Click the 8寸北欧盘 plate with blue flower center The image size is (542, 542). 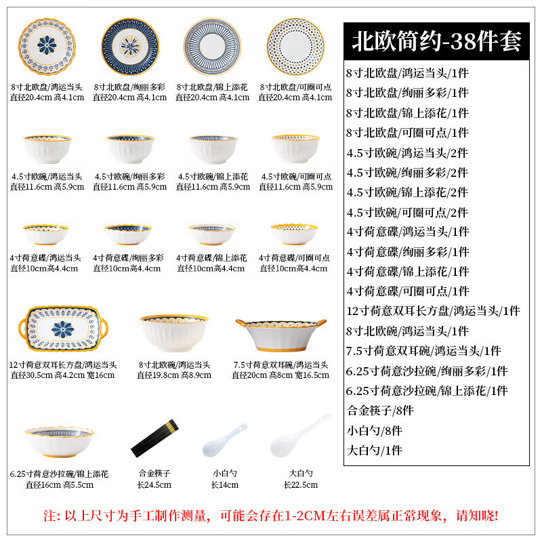click(x=47, y=47)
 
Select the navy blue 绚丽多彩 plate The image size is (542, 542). click(x=129, y=47)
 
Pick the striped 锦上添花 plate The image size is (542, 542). click(x=212, y=47)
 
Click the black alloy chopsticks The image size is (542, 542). click(x=154, y=437)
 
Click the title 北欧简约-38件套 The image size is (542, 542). click(x=436, y=41)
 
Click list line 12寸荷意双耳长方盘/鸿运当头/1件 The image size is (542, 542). click(x=433, y=311)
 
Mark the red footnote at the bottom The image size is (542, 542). click(x=271, y=516)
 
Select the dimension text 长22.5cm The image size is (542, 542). click(x=300, y=484)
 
